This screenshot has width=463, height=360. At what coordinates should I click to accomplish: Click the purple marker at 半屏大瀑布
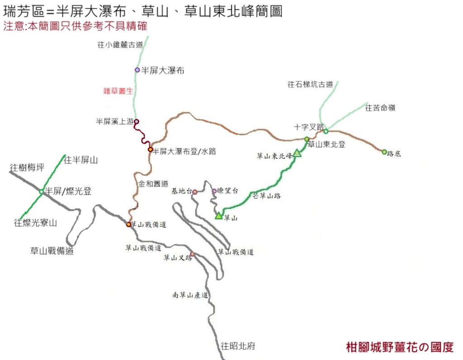click(137, 70)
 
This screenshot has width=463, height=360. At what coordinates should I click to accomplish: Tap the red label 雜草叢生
click(118, 91)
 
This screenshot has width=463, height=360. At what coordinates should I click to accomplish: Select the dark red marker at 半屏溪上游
click(136, 121)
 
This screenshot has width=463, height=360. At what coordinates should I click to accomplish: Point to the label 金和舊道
click(153, 184)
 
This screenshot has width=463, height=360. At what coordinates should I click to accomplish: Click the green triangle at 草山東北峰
click(297, 154)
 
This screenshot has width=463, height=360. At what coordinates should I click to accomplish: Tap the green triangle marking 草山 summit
click(219, 216)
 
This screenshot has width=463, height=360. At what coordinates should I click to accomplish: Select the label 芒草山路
click(266, 196)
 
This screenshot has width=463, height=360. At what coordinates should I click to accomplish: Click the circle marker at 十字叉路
click(326, 131)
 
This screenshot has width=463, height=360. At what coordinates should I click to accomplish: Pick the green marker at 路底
click(384, 152)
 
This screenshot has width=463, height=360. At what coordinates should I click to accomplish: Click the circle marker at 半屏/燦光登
click(42, 192)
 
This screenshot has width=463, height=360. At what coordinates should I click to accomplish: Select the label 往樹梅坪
click(27, 168)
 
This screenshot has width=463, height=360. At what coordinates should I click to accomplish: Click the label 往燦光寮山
click(35, 222)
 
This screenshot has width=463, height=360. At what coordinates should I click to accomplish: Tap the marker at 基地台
click(195, 192)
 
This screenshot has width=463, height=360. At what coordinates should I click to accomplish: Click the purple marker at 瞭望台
click(214, 191)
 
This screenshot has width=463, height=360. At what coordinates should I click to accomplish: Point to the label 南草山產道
click(190, 295)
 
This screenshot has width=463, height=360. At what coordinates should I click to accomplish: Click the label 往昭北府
click(238, 346)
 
